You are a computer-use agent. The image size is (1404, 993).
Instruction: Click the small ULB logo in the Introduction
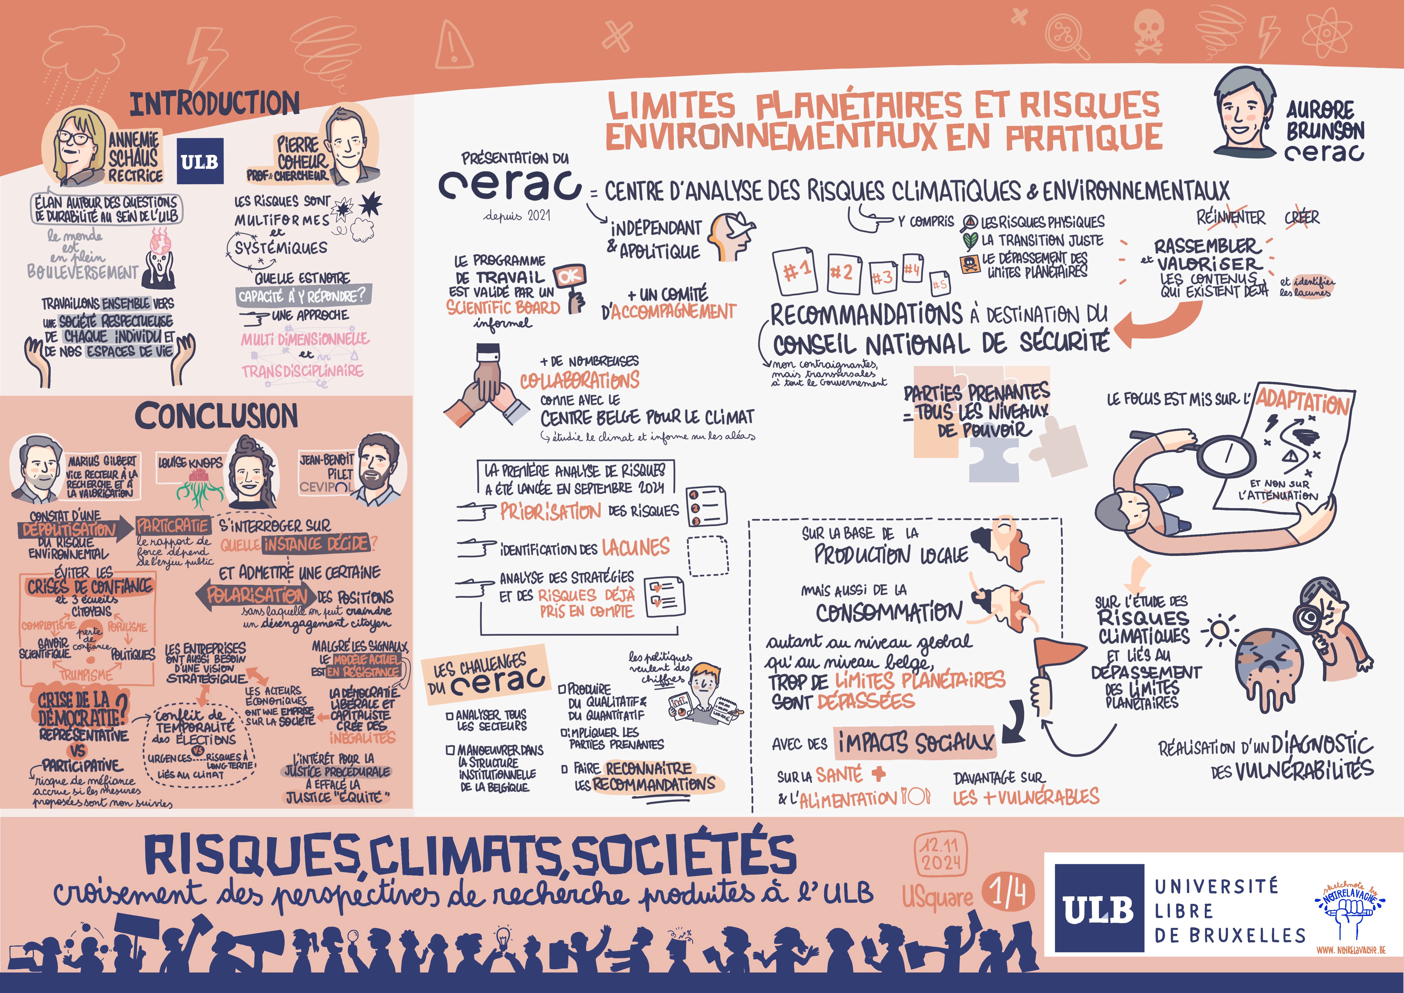[x=200, y=161]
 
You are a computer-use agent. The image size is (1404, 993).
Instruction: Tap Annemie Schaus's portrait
[x=75, y=147]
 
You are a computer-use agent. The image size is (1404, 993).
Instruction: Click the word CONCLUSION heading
[x=217, y=416]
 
